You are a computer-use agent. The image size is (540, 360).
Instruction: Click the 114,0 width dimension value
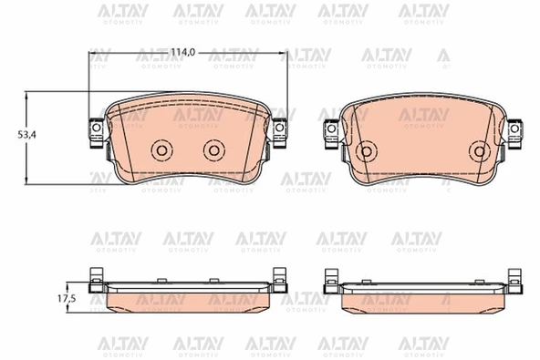[183, 53]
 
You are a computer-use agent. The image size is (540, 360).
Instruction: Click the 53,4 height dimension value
[26, 135]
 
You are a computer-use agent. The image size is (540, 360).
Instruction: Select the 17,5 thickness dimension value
[66, 299]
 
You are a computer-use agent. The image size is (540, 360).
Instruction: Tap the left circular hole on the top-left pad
[161, 150]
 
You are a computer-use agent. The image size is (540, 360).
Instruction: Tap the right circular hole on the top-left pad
[213, 150]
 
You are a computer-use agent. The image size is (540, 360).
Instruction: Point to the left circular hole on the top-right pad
[366, 151]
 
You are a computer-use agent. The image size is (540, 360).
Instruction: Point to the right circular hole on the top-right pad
[480, 151]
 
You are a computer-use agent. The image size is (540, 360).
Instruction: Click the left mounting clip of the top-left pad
[96, 133]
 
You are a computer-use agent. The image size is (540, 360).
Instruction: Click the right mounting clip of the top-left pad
[280, 133]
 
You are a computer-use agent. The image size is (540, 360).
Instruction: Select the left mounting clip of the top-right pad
[331, 134]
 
